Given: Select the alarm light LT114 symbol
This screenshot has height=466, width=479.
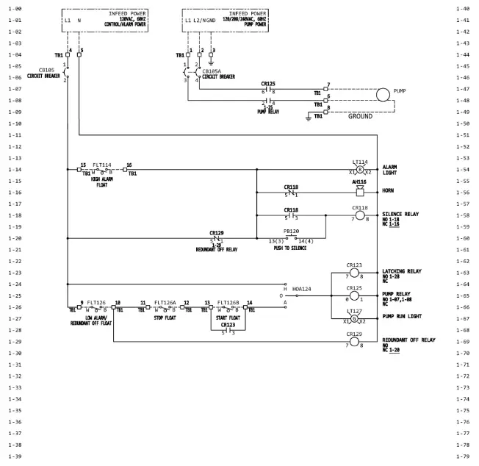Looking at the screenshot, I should click(x=360, y=170).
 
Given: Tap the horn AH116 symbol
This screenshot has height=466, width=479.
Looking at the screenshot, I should click(x=360, y=192).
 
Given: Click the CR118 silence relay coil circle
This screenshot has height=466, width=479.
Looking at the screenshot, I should click(x=360, y=216).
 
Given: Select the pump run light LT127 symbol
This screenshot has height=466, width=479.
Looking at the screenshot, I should click(x=354, y=319).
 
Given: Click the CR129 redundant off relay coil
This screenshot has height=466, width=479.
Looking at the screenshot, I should click(x=354, y=342).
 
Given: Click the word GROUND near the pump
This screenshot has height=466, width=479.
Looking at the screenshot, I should click(x=360, y=116).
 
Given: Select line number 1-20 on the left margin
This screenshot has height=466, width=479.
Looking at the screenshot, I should click(x=14, y=238).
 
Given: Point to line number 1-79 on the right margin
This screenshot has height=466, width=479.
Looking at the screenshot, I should click(x=463, y=456).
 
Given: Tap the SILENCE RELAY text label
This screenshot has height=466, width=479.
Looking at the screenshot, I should click(x=400, y=213).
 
